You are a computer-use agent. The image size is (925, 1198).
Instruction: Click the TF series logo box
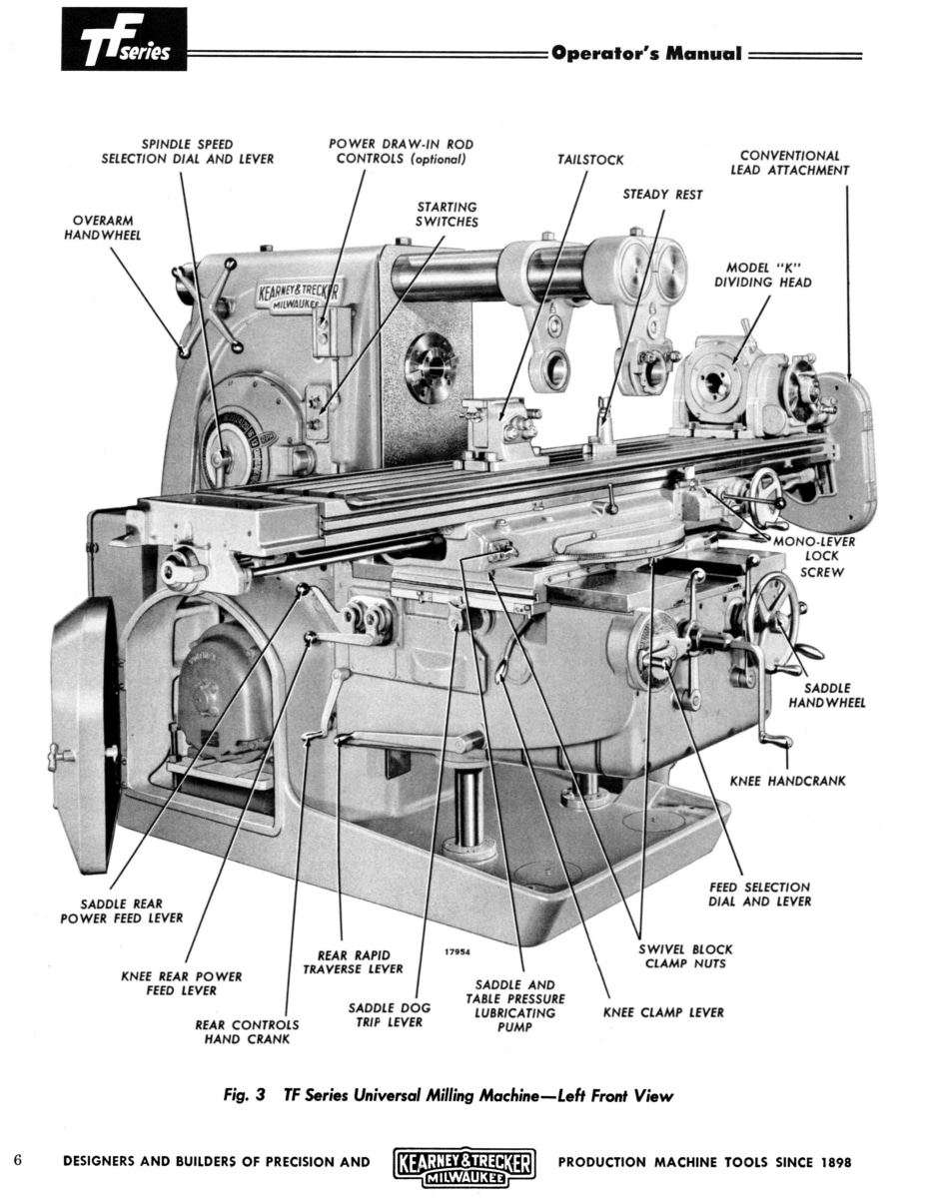(124, 39)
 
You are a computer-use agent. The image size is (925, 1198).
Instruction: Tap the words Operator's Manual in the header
(646, 54)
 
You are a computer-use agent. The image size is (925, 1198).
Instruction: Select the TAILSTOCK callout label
(590, 160)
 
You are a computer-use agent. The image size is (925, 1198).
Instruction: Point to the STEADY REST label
(662, 195)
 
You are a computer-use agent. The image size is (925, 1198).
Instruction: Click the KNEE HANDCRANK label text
(787, 781)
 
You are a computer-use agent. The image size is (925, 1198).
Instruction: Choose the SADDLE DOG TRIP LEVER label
(389, 1014)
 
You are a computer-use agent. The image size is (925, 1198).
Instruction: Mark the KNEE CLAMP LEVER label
(663, 1012)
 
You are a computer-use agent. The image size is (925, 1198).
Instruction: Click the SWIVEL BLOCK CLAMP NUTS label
(685, 956)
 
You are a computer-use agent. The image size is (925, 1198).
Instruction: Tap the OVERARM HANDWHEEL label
(103, 228)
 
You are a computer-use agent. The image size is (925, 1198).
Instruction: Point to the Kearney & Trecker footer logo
(463, 1163)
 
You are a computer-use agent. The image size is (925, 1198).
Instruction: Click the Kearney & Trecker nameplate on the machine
(299, 298)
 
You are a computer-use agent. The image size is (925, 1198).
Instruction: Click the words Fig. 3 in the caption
(245, 1094)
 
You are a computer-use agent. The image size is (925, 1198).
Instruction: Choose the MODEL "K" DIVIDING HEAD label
(763, 276)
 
